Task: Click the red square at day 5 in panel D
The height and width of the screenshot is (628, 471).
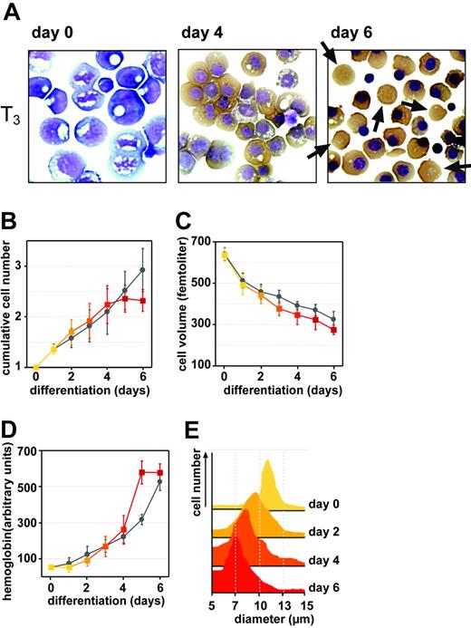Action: click(142, 472)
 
